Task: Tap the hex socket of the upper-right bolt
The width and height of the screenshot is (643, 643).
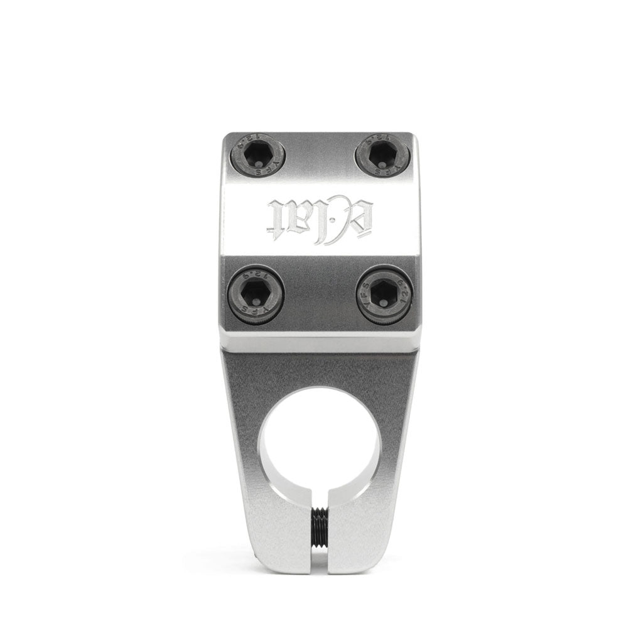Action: click(382, 154)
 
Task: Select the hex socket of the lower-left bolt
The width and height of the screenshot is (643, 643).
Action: click(256, 293)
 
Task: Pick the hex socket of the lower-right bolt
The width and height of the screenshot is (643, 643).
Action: click(383, 293)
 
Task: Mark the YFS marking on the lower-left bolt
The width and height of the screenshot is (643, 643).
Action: click(256, 312)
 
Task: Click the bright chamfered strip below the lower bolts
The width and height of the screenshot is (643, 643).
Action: click(320, 342)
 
